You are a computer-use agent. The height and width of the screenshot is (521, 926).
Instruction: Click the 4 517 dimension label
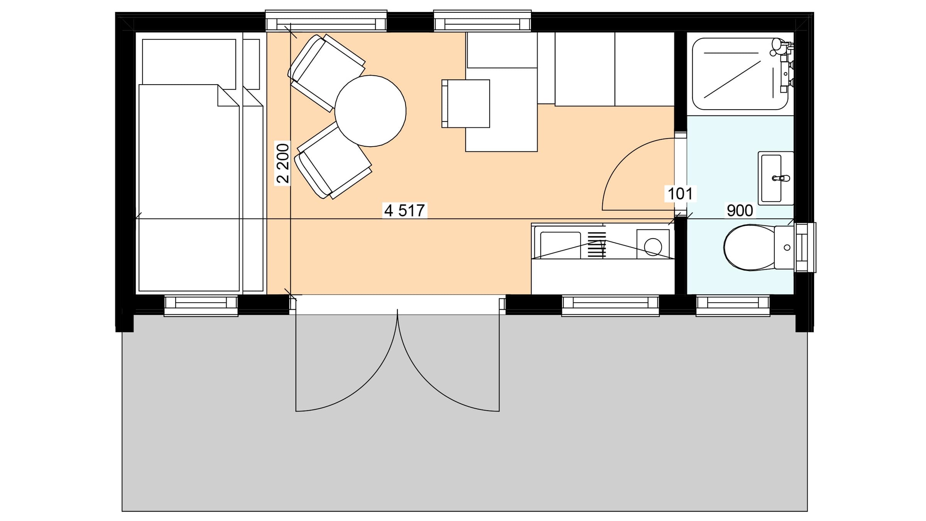(x=405, y=210)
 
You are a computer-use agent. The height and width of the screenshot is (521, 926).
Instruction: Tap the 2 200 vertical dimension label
(x=283, y=163)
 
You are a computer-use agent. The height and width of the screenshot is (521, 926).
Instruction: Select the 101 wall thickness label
(x=680, y=194)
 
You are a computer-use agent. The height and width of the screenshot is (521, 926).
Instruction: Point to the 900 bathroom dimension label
(x=740, y=210)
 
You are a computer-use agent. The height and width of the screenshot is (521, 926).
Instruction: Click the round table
(x=370, y=111)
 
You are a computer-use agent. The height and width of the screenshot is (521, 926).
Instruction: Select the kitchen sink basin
(x=560, y=245)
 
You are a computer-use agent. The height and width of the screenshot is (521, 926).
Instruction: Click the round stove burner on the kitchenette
(x=653, y=247)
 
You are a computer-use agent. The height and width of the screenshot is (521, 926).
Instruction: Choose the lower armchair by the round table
(x=333, y=160)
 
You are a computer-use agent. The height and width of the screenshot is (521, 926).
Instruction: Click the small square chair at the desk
(x=466, y=103)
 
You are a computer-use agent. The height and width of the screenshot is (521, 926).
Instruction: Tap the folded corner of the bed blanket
(x=228, y=95)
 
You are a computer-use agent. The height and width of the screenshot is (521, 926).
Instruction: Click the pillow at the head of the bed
(x=189, y=62)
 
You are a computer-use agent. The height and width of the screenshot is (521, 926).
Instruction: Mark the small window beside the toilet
(x=805, y=247)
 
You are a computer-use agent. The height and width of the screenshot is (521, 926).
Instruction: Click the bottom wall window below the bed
(x=201, y=306)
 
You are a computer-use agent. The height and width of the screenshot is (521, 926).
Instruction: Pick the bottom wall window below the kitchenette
(x=610, y=306)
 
